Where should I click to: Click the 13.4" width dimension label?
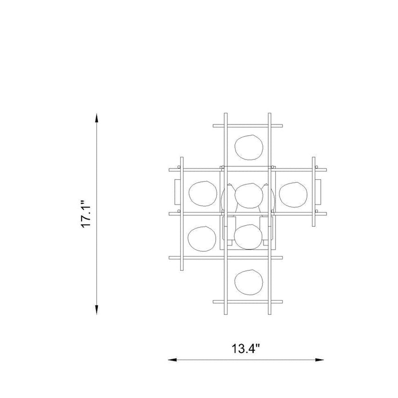click(x=246, y=349)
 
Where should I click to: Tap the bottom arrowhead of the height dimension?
click(x=96, y=310)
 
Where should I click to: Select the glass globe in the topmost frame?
click(x=249, y=147)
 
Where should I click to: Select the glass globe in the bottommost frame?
click(x=249, y=282)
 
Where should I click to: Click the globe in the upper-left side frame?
click(x=203, y=193)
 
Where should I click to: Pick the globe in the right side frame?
click(x=293, y=194)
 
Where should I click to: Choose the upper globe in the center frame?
click(x=249, y=196)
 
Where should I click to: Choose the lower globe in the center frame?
click(x=248, y=237)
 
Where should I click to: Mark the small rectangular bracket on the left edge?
click(x=177, y=192)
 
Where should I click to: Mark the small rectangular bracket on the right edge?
click(x=318, y=192)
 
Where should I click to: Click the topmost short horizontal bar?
click(x=248, y=126)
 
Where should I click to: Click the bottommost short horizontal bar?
click(x=248, y=302)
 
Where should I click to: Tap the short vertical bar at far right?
click(x=313, y=192)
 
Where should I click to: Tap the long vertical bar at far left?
click(x=182, y=214)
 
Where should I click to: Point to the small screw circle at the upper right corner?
click(x=316, y=167)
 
